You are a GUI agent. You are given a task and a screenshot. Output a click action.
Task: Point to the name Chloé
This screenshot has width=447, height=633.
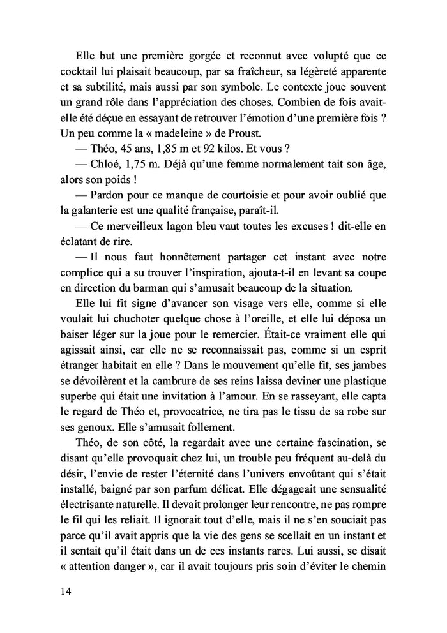pos(109,164)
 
